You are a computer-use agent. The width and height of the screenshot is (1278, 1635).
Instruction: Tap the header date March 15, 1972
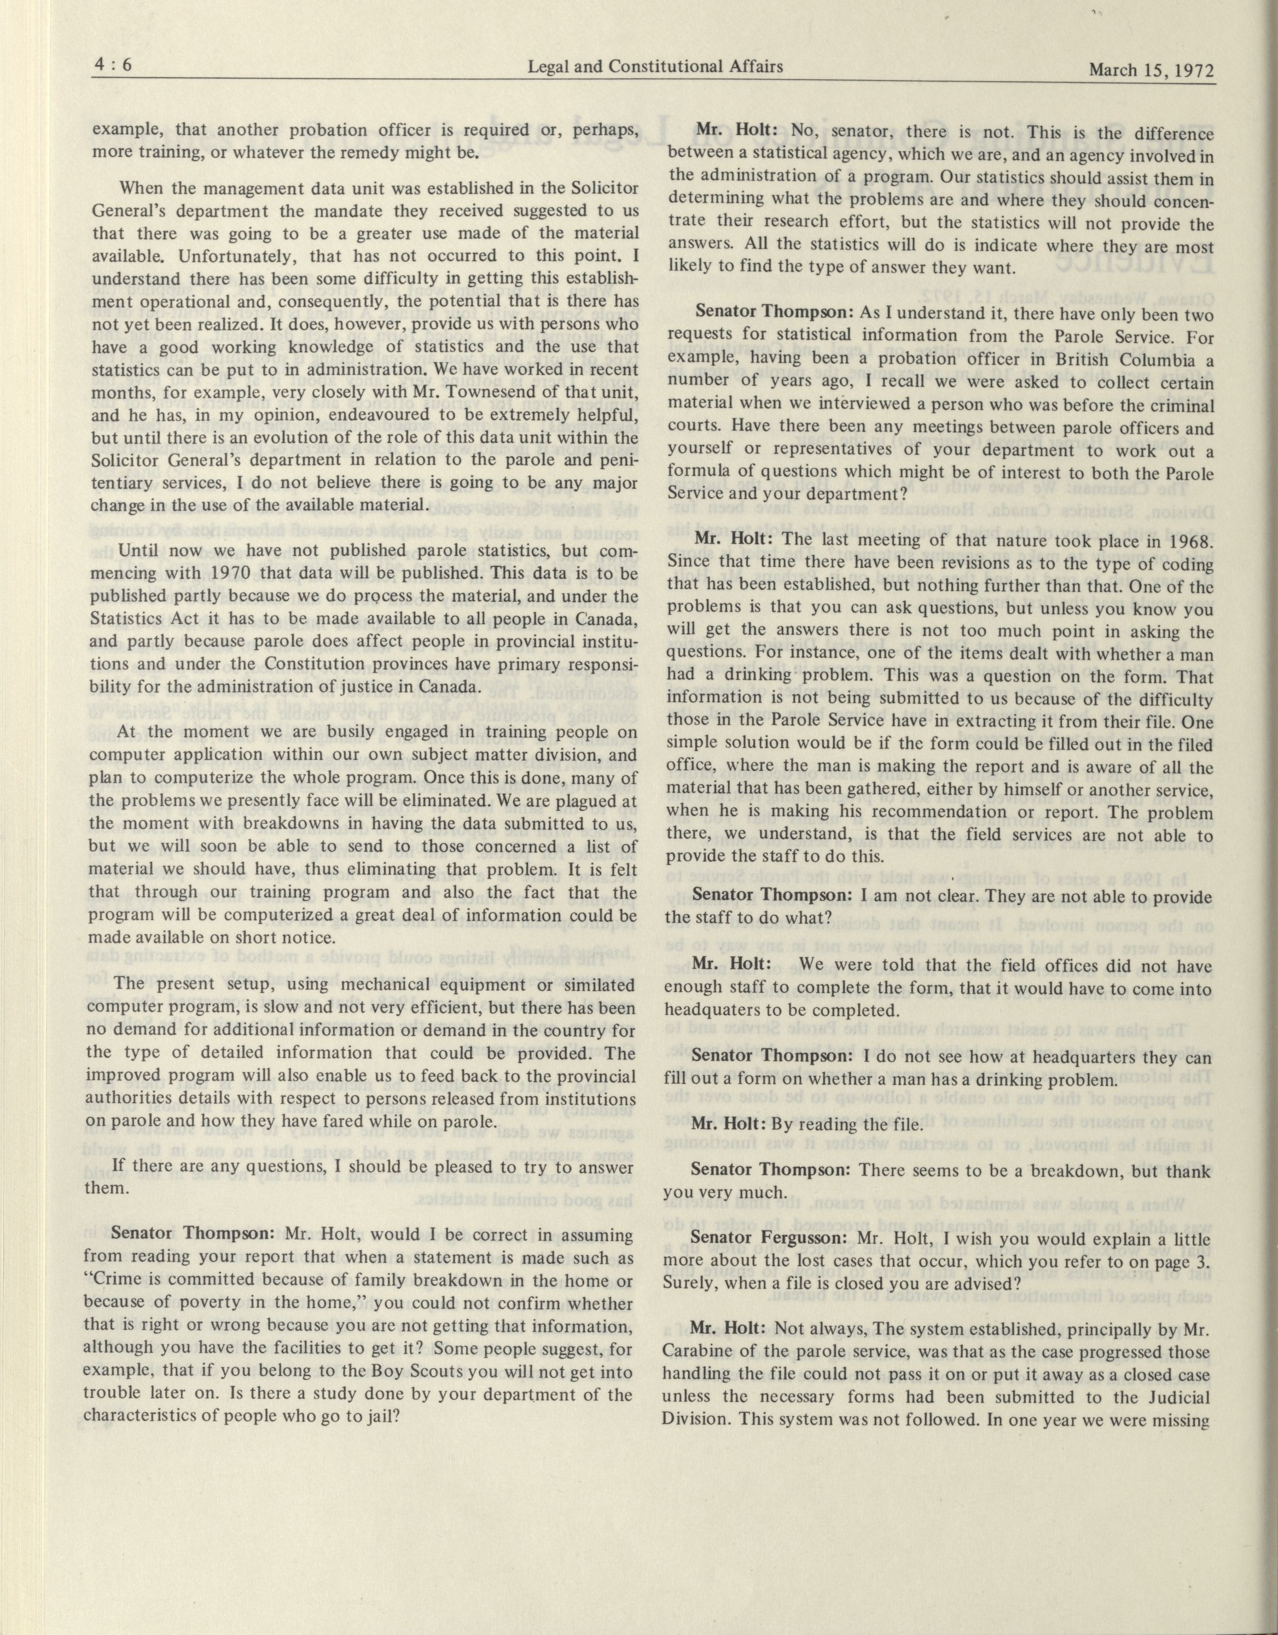[1150, 71]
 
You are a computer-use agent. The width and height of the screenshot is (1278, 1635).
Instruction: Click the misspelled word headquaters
[712, 1011]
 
